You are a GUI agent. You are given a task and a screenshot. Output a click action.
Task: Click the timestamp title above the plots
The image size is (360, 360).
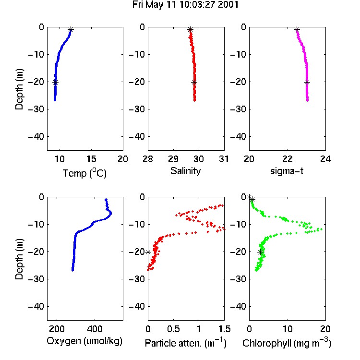185,5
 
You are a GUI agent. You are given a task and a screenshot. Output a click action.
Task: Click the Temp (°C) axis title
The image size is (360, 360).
84,173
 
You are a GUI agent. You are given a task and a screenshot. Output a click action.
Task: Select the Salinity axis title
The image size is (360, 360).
185,171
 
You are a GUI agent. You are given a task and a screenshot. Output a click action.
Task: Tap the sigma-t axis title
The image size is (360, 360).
287,171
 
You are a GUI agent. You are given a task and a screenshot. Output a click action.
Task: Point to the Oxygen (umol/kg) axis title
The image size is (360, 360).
84,341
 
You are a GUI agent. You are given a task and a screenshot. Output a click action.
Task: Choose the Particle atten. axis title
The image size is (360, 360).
186,343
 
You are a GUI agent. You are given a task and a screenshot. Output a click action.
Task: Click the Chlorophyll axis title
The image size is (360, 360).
287,343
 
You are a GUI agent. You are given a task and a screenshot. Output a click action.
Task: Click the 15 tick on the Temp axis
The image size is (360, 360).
91,159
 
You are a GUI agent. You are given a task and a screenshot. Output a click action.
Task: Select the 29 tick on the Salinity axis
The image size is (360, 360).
173,159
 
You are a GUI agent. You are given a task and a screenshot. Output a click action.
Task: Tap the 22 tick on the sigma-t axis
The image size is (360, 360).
288,159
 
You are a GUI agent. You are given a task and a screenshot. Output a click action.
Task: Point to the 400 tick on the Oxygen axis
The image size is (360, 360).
95,329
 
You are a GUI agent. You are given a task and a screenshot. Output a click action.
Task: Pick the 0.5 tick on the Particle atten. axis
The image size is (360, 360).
173,329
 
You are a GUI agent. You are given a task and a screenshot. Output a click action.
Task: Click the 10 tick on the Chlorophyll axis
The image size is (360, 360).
288,329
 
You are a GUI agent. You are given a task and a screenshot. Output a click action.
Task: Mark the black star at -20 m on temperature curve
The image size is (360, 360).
55,83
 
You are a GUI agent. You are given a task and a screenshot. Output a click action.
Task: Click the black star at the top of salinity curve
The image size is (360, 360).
190,30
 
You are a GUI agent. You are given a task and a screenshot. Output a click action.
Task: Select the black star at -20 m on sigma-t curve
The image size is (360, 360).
307,83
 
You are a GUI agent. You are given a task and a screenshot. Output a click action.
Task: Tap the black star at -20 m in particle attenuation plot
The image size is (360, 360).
148,252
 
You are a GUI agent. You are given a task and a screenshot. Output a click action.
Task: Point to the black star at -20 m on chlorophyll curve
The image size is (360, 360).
260,252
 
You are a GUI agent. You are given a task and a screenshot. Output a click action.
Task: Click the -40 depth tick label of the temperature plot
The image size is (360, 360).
36,137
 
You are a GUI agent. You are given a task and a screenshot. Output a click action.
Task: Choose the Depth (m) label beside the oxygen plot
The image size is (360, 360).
19,259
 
